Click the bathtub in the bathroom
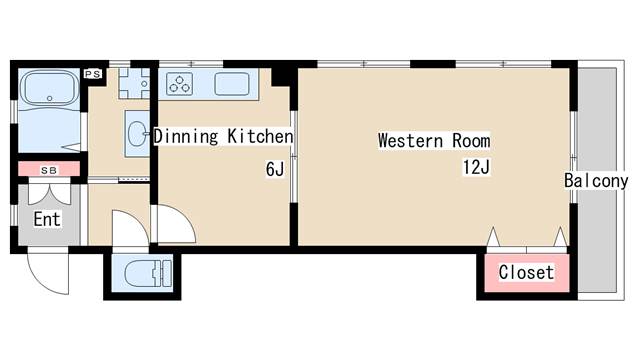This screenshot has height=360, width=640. pos(49,89)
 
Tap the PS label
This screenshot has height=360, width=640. pos(93,74)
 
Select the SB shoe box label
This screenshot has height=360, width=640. pos(49,170)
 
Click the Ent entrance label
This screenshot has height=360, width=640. pos(47,219)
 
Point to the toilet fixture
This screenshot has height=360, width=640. pos(147,273)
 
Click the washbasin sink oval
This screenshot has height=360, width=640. pos(138,133)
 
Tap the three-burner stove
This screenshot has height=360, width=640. pos(180,84)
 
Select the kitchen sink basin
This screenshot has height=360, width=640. pos(232,84)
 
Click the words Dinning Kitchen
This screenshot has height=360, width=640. pos(223,136)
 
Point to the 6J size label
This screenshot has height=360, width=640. pos(275,169)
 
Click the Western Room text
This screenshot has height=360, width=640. pos(434,141)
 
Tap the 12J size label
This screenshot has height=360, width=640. pos(476,167)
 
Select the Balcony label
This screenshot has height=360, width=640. pos(596,181)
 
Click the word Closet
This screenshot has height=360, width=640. pos(527,272)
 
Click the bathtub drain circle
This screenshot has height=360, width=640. pos(49,98)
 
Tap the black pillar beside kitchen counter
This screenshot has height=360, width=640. pos(280,77)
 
